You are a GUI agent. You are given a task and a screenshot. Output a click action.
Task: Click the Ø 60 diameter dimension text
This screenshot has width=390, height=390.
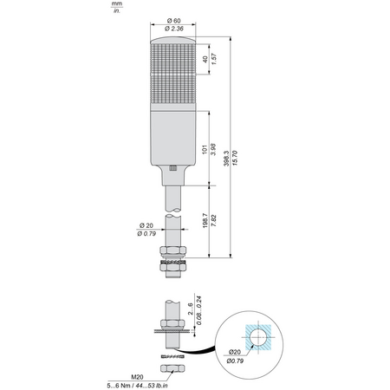coord(173,21)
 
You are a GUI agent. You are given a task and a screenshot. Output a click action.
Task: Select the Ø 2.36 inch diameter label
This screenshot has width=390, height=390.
coord(174,29)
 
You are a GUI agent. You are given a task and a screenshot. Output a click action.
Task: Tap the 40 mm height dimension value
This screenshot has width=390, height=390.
coord(205,60)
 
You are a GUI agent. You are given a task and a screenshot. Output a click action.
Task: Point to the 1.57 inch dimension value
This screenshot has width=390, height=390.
coord(214,59)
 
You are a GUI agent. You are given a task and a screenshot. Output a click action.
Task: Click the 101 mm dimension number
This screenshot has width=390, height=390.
coord(205,149)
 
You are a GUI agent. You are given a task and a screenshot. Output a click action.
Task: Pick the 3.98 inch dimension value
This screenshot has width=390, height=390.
coord(213,149)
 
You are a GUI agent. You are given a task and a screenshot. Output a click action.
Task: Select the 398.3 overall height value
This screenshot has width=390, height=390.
coord(226,159)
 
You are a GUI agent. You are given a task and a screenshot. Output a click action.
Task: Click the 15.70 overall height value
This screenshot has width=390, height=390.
coord(235,158)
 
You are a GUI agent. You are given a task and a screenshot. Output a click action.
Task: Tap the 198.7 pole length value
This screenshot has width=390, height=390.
coord(205,221)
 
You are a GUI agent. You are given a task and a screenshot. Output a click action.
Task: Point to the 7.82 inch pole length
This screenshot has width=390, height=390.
coord(214,221)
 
